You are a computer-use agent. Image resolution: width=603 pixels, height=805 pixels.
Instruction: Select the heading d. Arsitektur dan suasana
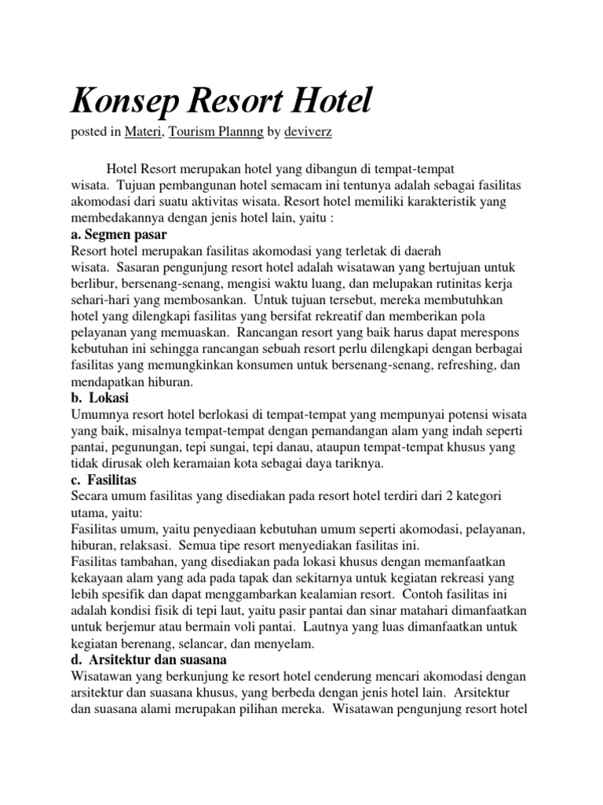[x=148, y=659]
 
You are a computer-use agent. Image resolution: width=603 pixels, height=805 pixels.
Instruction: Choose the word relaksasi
[x=148, y=545]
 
